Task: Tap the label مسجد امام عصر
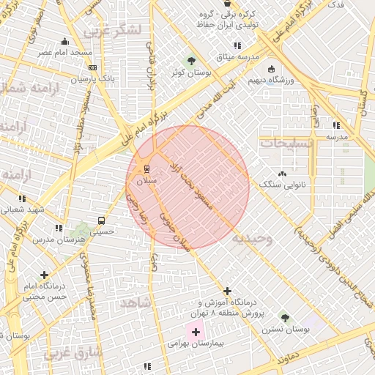(66, 53)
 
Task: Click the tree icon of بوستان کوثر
(192, 61)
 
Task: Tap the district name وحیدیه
(252, 238)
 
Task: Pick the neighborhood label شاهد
(135, 302)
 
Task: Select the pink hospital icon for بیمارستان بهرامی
(196, 332)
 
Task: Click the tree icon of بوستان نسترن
(285, 318)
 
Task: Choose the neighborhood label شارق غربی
(75, 355)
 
